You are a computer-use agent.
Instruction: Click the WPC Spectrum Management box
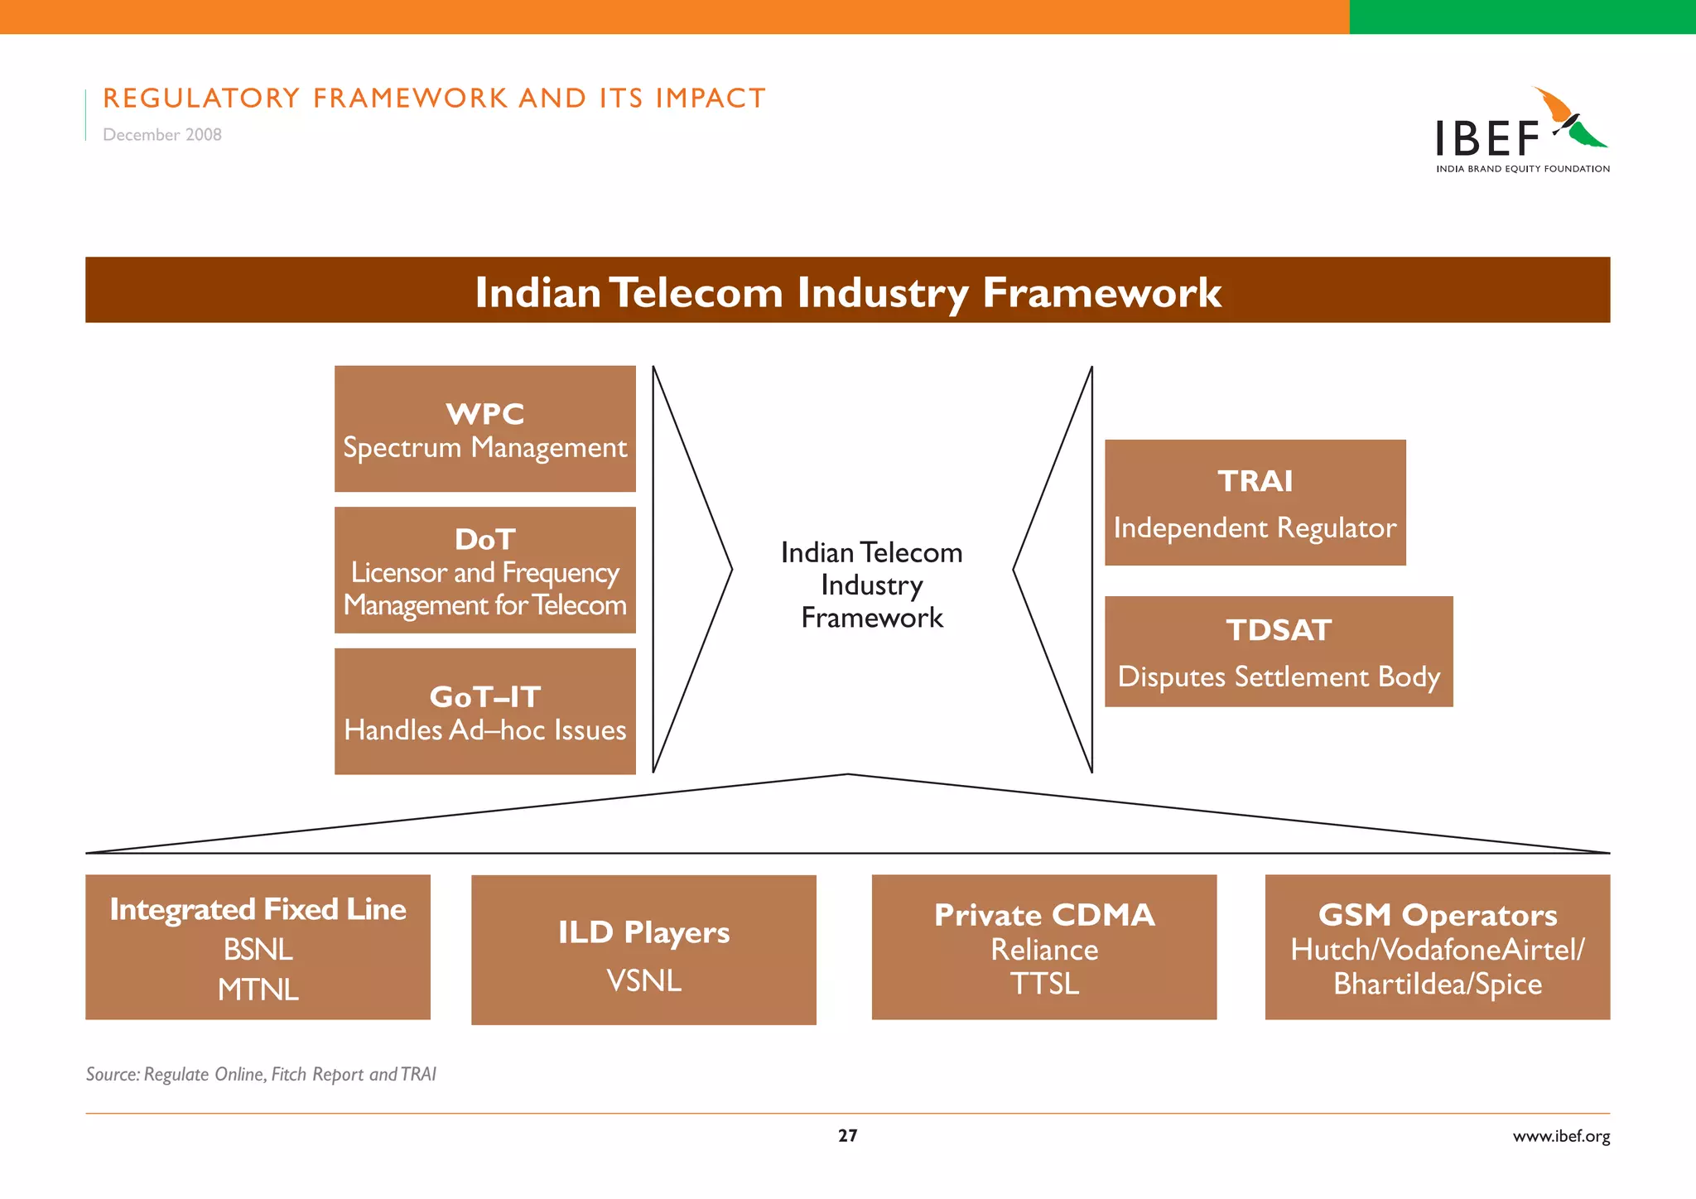(484, 429)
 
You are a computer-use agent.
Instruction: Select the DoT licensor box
(484, 571)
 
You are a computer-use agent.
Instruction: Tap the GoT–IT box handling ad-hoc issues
(484, 711)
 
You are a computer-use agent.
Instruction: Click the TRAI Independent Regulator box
(1255, 503)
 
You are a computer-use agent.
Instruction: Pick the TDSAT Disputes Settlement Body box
(1278, 652)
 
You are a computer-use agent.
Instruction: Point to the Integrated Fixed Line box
(258, 946)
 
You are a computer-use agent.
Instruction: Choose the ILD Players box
(643, 950)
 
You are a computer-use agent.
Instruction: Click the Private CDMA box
(1043, 946)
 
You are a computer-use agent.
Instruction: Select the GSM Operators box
(1437, 946)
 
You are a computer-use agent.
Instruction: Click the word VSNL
(643, 981)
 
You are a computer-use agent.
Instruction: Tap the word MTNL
(258, 990)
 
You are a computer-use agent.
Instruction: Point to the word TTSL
(1043, 985)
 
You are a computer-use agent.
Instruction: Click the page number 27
(847, 1136)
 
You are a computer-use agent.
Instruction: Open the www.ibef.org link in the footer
(1561, 1136)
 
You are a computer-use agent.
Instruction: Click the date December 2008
(162, 135)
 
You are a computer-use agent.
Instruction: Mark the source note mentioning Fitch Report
(261, 1074)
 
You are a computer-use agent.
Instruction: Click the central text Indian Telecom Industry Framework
(871, 585)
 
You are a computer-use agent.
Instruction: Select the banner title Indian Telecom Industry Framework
(847, 292)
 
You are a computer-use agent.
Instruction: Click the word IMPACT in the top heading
(711, 99)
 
